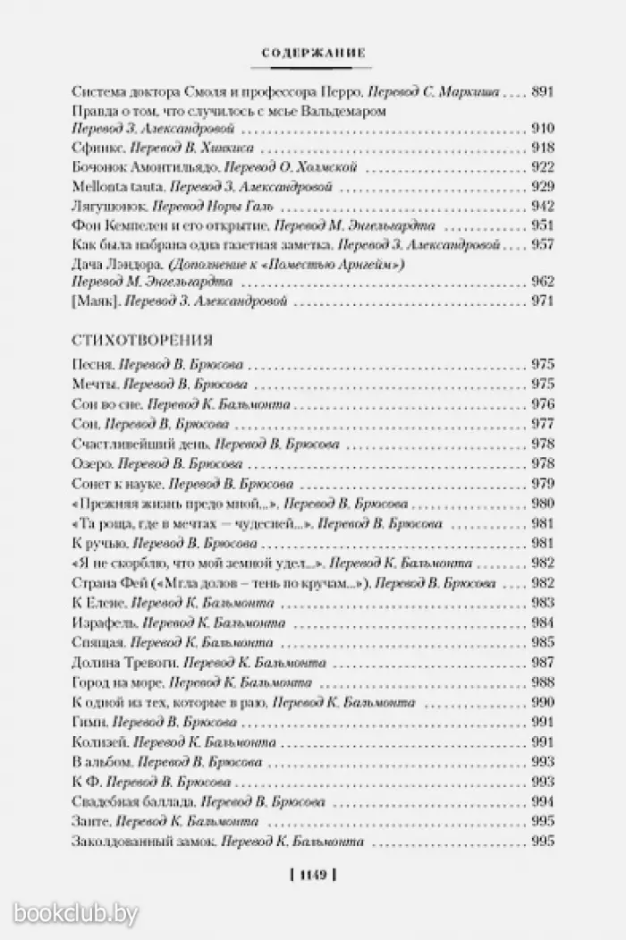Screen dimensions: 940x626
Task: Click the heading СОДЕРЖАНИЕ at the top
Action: (313, 55)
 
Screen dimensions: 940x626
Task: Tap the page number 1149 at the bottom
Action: (312, 876)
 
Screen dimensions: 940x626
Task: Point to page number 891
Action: (543, 91)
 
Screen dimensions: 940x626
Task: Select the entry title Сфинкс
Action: (93, 148)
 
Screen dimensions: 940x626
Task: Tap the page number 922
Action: (543, 167)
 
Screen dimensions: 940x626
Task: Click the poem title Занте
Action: (89, 820)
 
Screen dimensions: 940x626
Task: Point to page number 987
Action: (543, 663)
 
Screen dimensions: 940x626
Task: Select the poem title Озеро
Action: (90, 463)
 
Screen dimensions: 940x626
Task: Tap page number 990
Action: (543, 702)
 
